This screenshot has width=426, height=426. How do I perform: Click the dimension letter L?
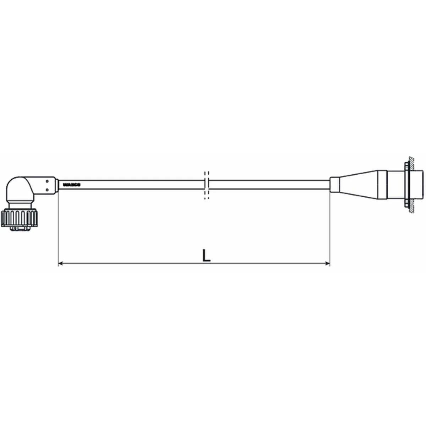[206, 255]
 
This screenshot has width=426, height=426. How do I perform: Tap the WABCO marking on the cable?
[72, 185]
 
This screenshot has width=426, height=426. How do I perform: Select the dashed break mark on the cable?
[206, 185]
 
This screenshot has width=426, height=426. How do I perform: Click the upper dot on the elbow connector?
[47, 181]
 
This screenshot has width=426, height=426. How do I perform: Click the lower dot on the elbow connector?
[47, 190]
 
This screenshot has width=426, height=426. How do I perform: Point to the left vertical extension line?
[58, 227]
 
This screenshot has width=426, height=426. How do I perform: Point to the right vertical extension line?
[330, 227]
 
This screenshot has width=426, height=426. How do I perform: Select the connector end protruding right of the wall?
[419, 185]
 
